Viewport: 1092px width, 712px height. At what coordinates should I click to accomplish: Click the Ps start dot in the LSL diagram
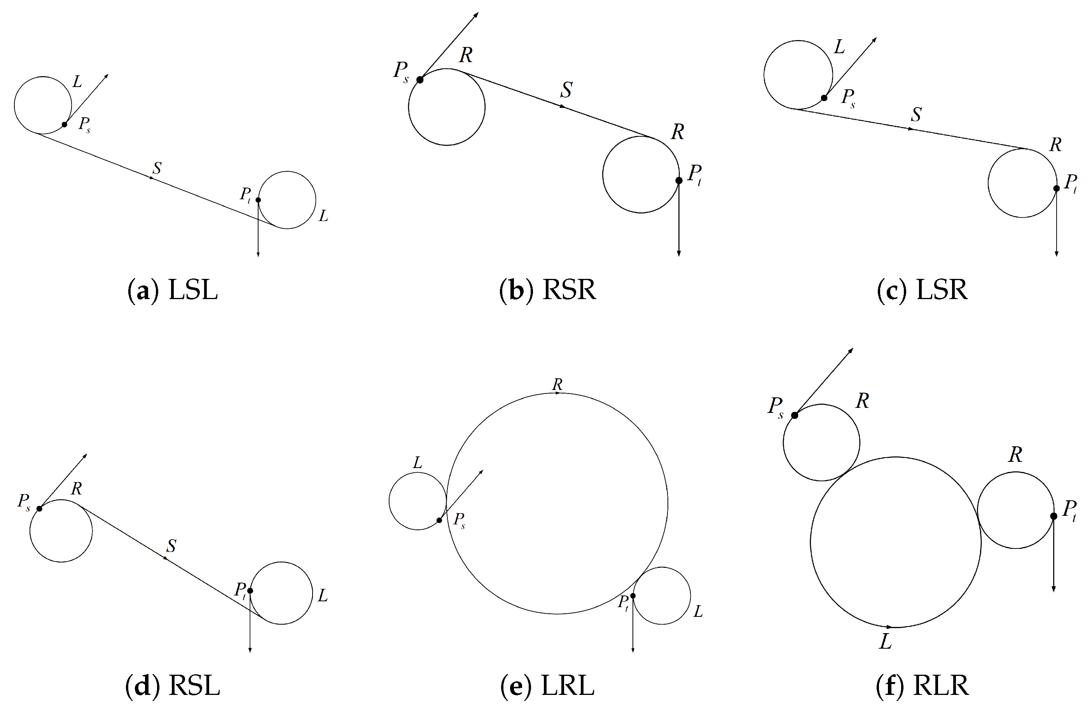tap(65, 124)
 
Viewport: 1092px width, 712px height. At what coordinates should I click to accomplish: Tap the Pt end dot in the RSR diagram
tap(679, 181)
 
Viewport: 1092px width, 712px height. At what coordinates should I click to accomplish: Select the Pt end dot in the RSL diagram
tap(250, 590)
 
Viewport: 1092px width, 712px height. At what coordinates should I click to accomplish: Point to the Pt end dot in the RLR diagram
tap(1054, 516)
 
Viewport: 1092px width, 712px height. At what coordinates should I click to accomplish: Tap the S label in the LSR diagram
tap(916, 115)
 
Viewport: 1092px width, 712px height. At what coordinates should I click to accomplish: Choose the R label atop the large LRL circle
tap(557, 385)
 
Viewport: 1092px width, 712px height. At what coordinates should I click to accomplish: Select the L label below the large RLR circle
tap(886, 641)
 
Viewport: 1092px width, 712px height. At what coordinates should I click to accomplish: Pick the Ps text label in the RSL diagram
tap(24, 501)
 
